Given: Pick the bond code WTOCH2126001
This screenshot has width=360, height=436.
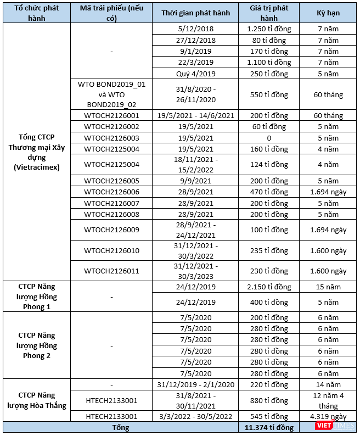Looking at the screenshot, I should pyautogui.click(x=112, y=115).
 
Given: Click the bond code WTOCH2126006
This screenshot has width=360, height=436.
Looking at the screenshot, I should pyautogui.click(x=112, y=192).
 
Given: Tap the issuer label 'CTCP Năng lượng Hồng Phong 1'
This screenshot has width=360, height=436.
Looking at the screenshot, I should pyautogui.click(x=37, y=297).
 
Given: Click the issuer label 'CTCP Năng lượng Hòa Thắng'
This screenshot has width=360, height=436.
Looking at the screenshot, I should pyautogui.click(x=37, y=400).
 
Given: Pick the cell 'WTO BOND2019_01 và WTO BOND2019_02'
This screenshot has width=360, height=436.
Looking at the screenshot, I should pyautogui.click(x=112, y=94).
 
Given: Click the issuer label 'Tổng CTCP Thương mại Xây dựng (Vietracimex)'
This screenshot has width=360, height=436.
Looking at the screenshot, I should pyautogui.click(x=37, y=152).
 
